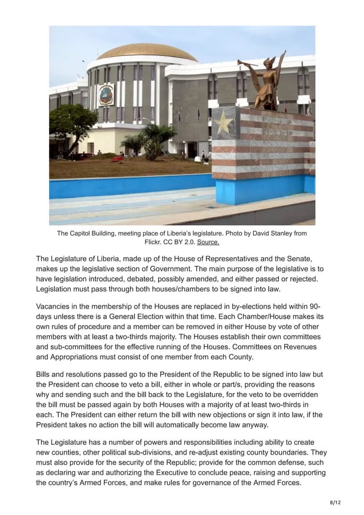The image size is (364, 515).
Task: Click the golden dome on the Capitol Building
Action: pos(147,52)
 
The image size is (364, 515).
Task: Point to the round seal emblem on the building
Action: pos(106,94)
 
